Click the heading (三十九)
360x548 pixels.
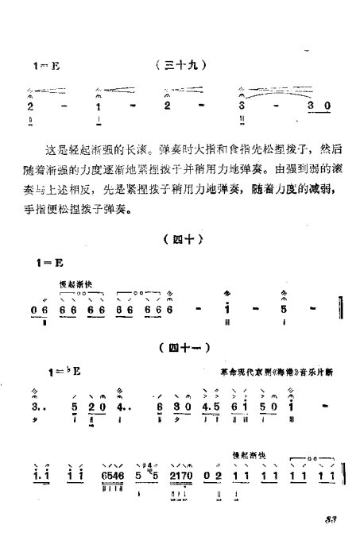click(x=181, y=68)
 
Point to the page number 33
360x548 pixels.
click(x=331, y=520)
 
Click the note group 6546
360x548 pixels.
click(x=114, y=477)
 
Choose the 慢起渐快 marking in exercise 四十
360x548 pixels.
click(x=74, y=282)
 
